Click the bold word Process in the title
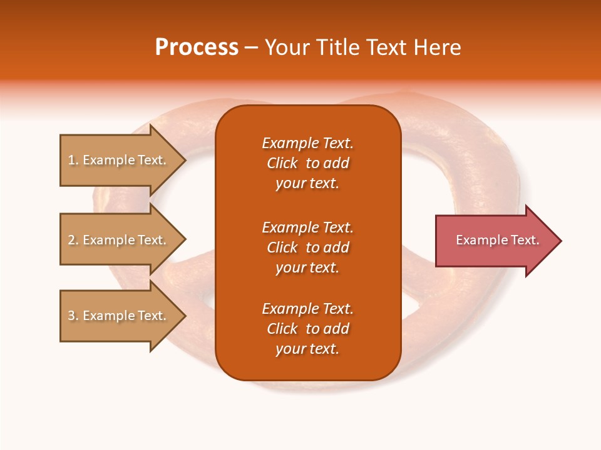(197, 47)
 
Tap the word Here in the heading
(437, 47)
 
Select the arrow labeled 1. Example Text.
(119, 160)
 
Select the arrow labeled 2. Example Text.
(119, 240)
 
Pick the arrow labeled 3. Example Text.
(119, 316)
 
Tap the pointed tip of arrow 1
(184, 160)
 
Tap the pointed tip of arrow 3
(184, 316)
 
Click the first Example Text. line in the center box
(307, 143)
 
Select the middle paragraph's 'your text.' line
(307, 267)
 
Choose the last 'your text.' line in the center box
(307, 349)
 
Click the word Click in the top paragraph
(282, 163)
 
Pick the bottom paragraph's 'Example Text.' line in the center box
(307, 309)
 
